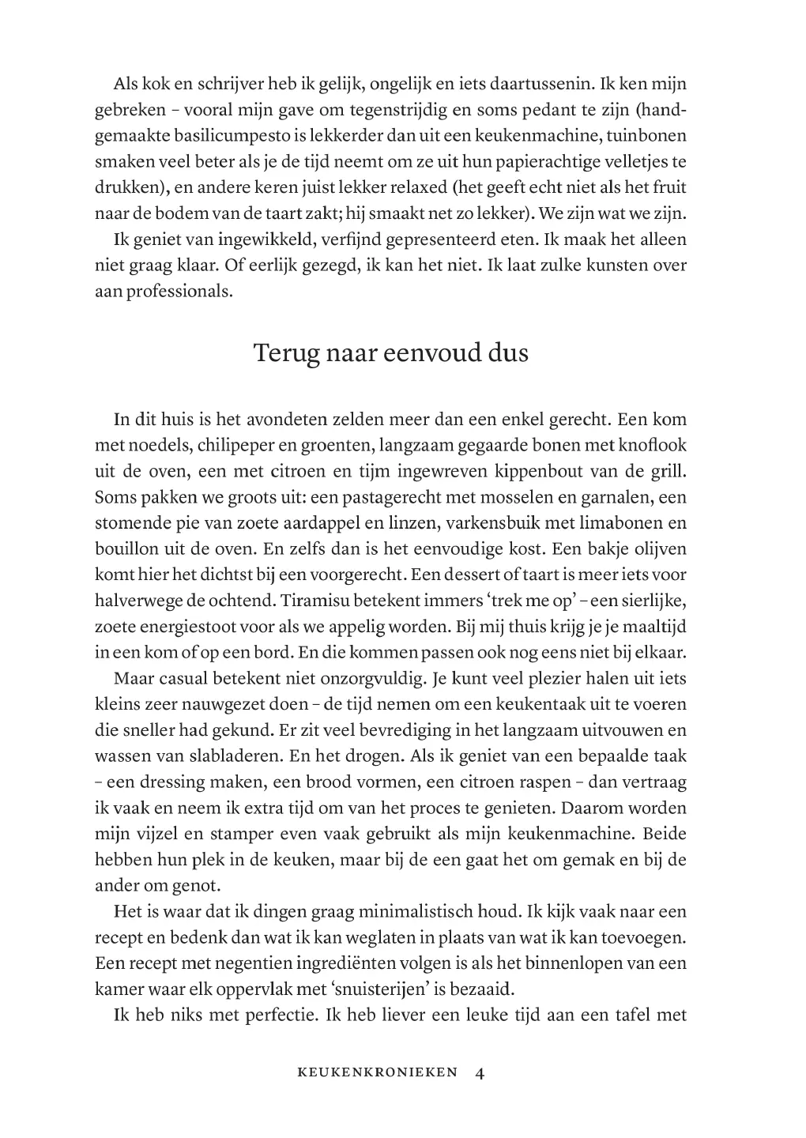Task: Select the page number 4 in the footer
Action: tap(480, 1073)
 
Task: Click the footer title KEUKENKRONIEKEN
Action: tap(377, 1073)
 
